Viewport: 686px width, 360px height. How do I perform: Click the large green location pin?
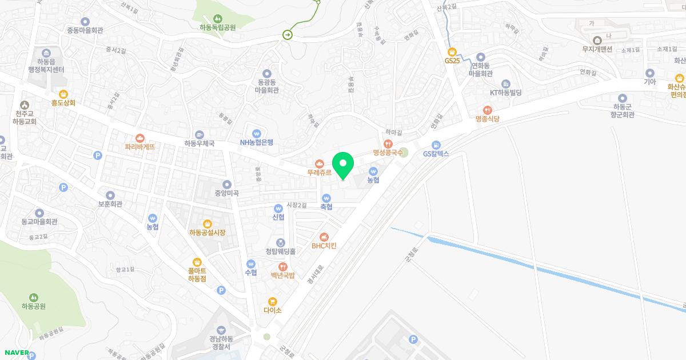[x=343, y=166]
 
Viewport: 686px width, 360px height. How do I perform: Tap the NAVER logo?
[x=15, y=352]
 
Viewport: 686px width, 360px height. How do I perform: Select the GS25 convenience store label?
[x=452, y=60]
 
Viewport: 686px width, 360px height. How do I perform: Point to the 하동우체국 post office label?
[x=199, y=143]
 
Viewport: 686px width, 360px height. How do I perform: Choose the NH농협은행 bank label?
[x=256, y=142]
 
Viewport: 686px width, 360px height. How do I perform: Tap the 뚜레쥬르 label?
[x=319, y=172]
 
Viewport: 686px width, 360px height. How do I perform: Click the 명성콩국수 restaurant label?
[x=388, y=153]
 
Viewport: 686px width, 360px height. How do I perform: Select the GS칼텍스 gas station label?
[x=436, y=153]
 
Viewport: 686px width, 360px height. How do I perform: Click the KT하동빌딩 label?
[x=505, y=92]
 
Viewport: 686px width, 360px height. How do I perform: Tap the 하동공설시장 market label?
[x=207, y=233]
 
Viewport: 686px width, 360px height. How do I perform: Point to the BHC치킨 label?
[x=324, y=246]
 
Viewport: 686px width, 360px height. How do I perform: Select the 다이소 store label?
[x=273, y=310]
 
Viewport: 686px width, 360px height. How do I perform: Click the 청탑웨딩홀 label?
[x=280, y=251]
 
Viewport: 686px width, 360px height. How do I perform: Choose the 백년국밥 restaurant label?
[x=282, y=275]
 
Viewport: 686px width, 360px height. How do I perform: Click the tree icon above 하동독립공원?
[x=218, y=18]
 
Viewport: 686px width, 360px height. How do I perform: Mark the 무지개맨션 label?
[x=597, y=49]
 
